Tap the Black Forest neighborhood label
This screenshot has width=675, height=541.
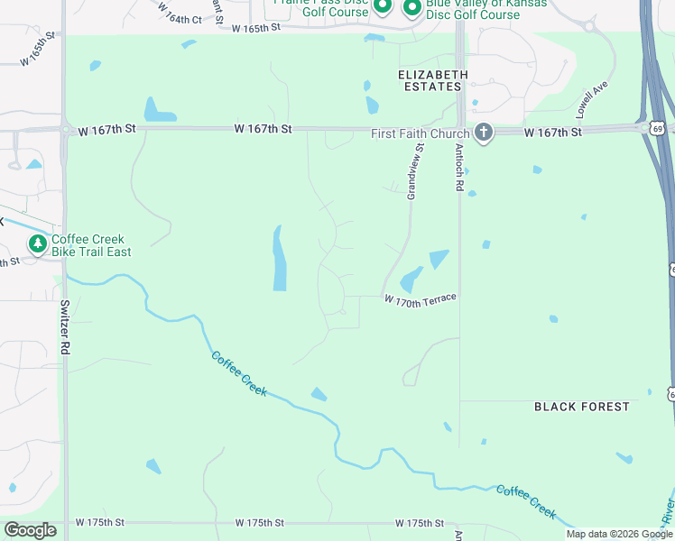click(582, 407)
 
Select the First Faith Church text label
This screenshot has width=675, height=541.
click(421, 133)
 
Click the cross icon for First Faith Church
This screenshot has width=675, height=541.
click(484, 133)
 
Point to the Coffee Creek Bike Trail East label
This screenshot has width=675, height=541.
click(91, 245)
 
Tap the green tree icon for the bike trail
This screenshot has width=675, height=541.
click(37, 244)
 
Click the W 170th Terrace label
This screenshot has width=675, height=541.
click(420, 299)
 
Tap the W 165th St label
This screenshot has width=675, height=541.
click(256, 29)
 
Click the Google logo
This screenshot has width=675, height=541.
click(29, 530)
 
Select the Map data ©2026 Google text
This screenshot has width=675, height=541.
click(618, 534)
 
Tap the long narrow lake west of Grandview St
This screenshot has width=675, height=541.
click(279, 259)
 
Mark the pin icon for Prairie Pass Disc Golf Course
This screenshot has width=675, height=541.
click(382, 7)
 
